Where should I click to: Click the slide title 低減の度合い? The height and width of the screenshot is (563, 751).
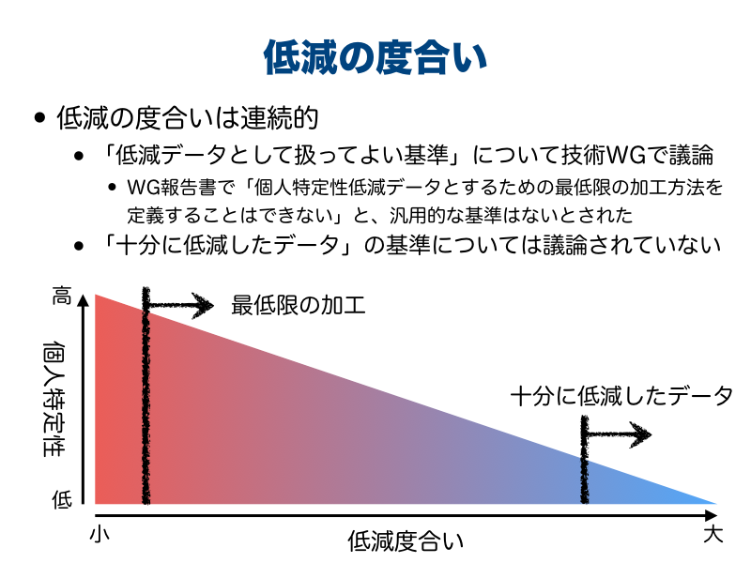point(375,57)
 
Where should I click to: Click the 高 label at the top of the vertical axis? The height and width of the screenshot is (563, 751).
point(62,296)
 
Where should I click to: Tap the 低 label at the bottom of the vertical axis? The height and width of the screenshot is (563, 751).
point(62,500)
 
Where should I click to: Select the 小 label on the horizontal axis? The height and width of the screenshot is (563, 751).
point(100,534)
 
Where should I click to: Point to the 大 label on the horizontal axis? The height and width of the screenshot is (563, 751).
point(713,534)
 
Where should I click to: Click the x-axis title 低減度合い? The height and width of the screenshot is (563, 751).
point(406,541)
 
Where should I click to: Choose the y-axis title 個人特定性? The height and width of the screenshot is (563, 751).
point(54,398)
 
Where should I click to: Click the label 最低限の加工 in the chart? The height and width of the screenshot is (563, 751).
point(299,305)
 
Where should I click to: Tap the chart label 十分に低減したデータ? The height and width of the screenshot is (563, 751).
point(621,396)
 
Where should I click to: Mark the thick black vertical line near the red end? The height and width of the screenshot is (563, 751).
point(146,395)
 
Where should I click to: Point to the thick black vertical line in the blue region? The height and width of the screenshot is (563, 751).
point(585,460)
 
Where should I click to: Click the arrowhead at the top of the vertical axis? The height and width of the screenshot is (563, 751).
point(84,300)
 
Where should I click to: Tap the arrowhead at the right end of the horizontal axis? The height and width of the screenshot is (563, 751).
point(712,515)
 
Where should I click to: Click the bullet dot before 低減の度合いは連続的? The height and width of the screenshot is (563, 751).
point(40,118)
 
